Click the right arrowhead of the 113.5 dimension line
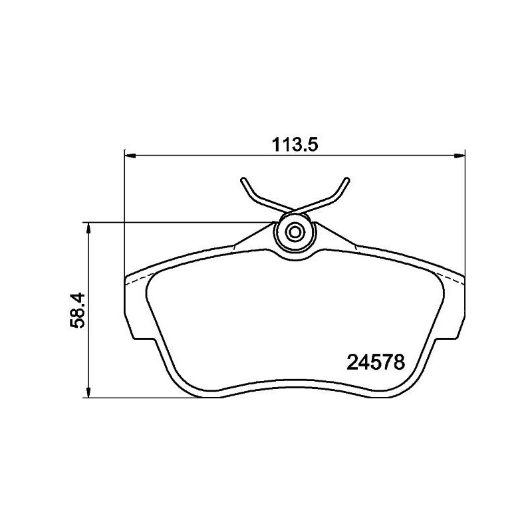[x=460, y=156]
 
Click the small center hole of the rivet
[x=296, y=232]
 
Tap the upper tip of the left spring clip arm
[x=243, y=179]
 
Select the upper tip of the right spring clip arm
[x=347, y=179]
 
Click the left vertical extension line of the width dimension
[x=124, y=213]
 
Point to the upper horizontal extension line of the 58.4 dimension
[x=180, y=222]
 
